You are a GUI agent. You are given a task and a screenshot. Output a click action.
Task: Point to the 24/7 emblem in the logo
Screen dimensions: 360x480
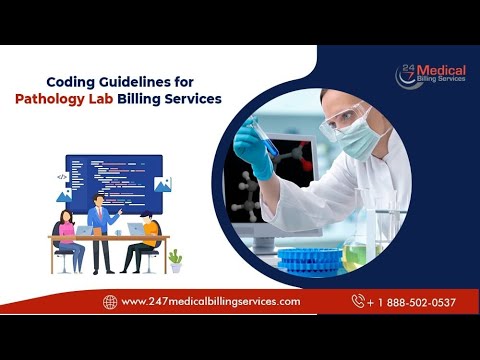[x=408, y=75]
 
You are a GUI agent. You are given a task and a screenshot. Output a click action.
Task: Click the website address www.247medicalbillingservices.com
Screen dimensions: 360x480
[x=210, y=301]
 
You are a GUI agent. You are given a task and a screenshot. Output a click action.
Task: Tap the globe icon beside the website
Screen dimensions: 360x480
[x=110, y=301]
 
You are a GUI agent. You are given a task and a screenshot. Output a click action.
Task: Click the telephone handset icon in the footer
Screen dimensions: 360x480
[x=357, y=301]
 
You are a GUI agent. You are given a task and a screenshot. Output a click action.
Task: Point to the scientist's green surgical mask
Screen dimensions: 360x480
[x=357, y=141]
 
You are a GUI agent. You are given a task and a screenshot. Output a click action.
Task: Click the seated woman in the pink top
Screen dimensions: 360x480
[x=67, y=238]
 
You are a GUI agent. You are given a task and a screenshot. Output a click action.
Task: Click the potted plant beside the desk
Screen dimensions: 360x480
[x=176, y=260]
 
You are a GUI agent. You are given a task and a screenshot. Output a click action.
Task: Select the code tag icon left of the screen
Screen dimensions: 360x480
[x=62, y=176]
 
